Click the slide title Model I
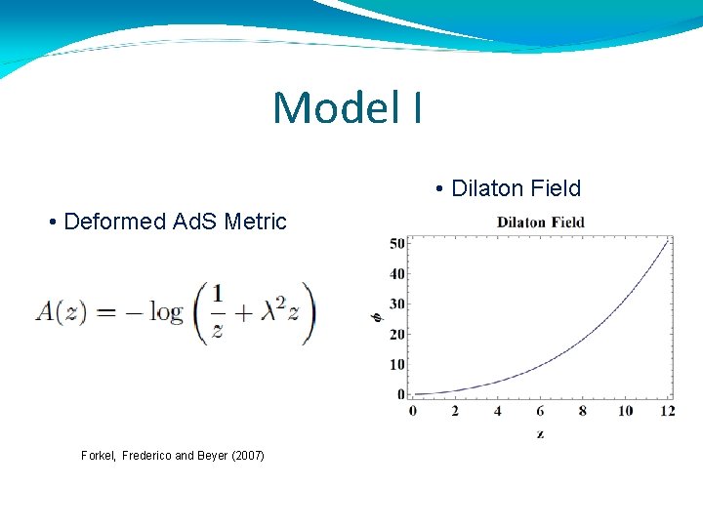348,108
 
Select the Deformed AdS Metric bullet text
167,222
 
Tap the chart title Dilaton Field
540,222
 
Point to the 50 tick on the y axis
397,243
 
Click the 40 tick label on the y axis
397,274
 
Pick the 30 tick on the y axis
397,304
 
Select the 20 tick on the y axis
397,335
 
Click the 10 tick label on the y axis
397,365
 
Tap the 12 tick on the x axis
668,411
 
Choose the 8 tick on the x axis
583,411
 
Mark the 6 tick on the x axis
540,411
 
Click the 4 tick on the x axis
497,411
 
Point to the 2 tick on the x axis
455,411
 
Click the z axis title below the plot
540,433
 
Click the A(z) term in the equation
62,312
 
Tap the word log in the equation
166,313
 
